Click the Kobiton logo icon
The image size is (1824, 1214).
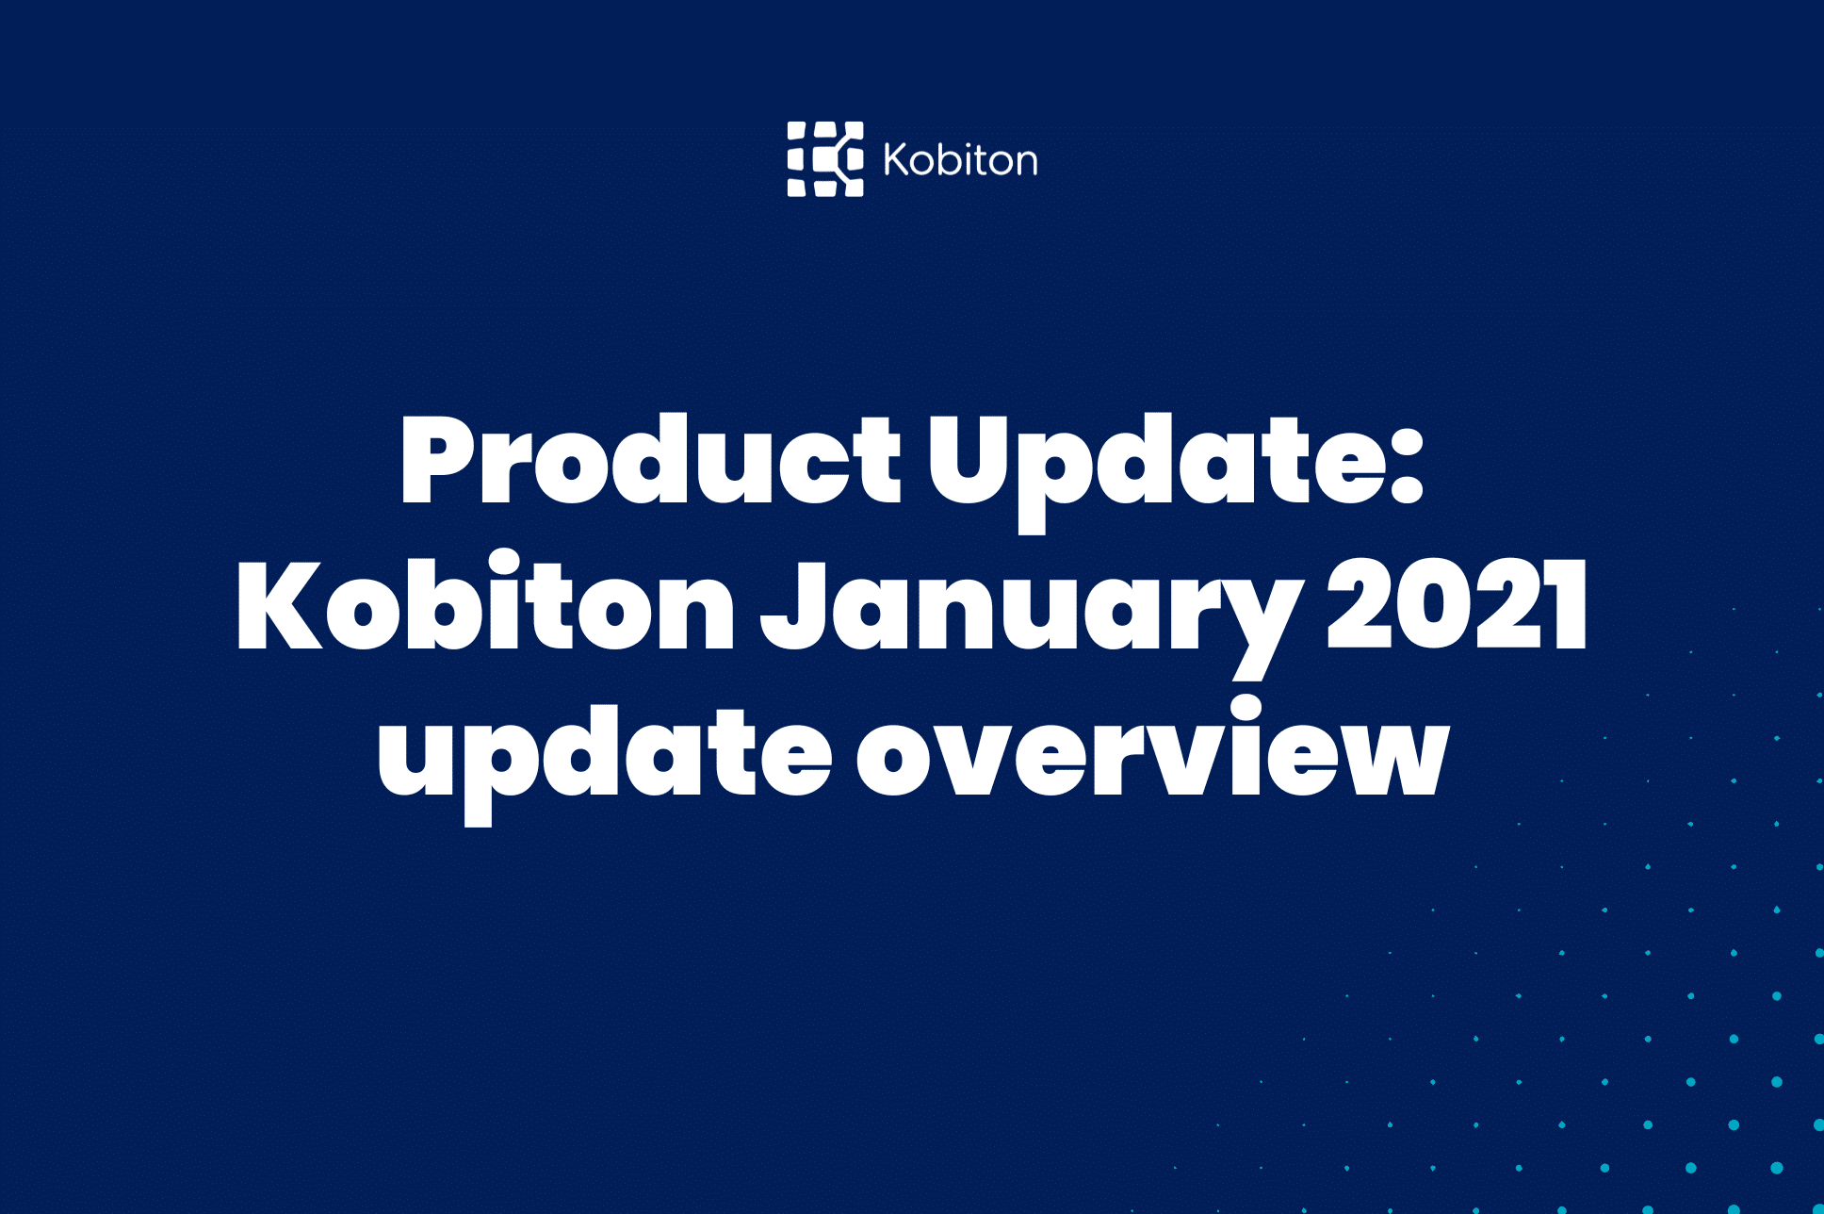pyautogui.click(x=825, y=159)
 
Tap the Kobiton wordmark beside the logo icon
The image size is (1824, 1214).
pyautogui.click(x=960, y=160)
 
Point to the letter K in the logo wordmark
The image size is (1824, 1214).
pyautogui.click(x=896, y=159)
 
